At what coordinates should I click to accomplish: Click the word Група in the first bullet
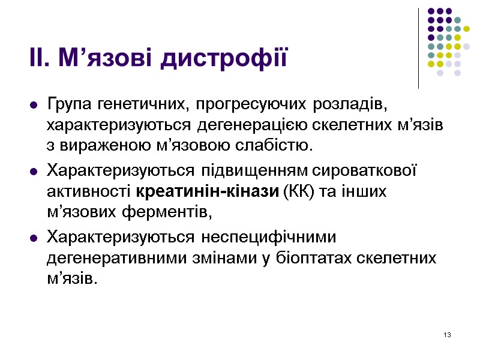pyautogui.click(x=67, y=105)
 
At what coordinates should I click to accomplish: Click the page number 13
pyautogui.click(x=447, y=334)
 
